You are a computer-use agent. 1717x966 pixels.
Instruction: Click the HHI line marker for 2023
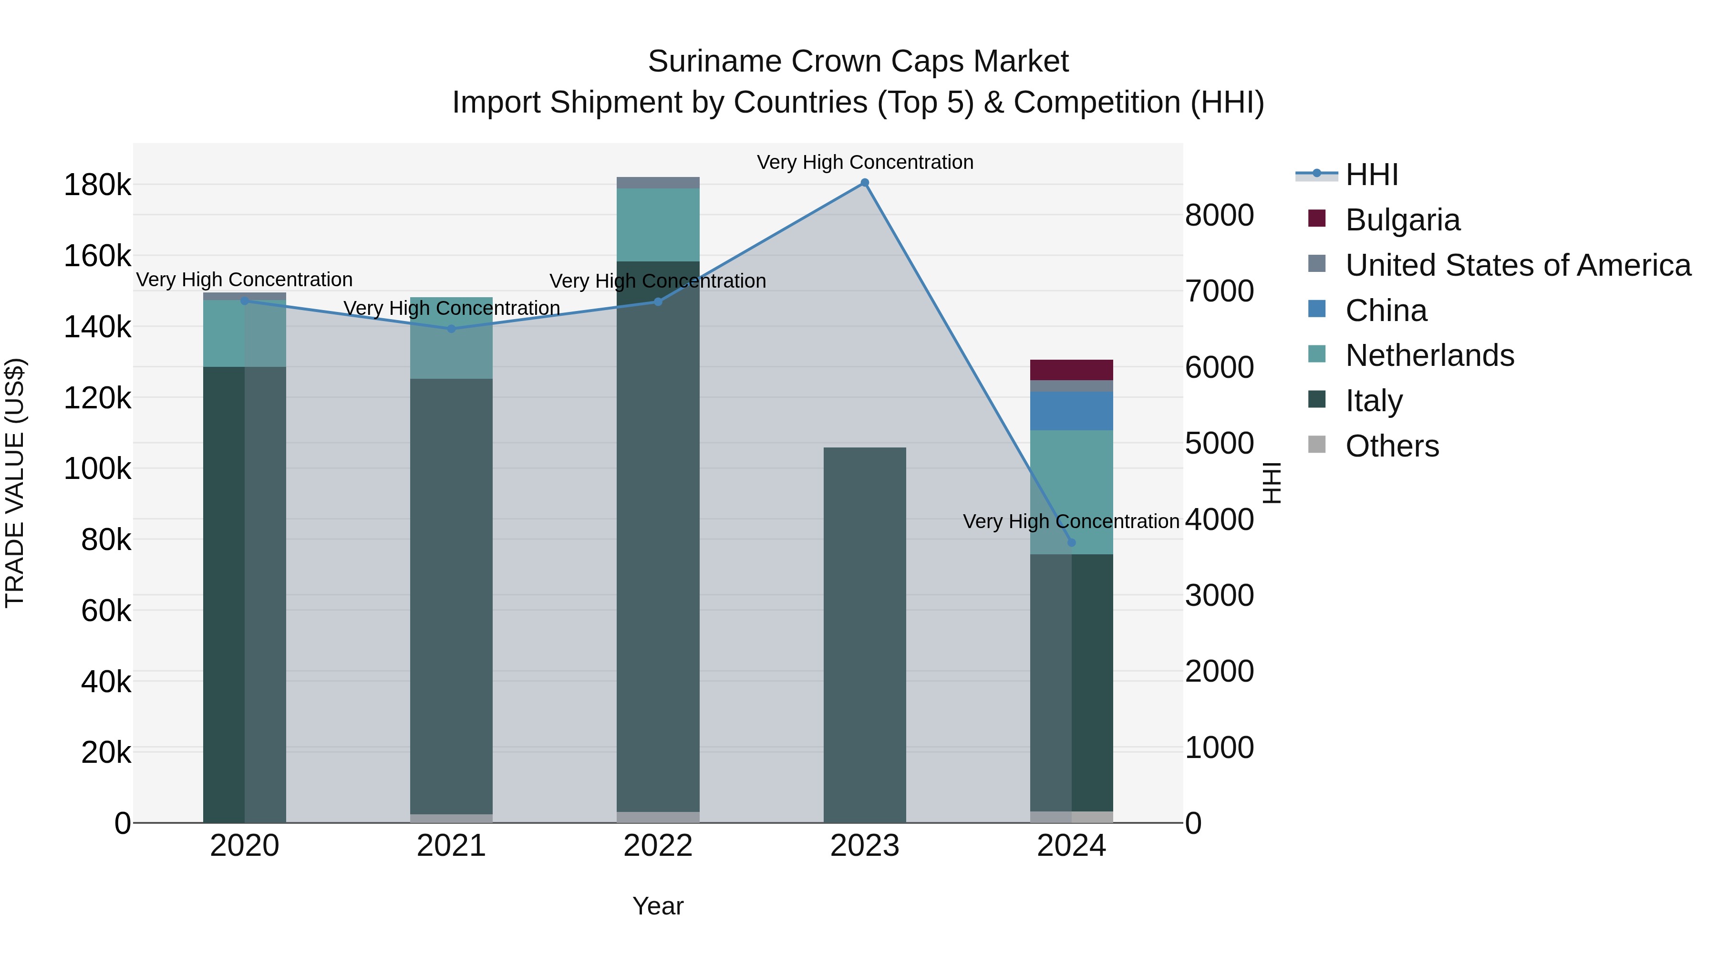[865, 183]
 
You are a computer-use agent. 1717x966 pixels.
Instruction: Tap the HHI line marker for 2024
[1072, 543]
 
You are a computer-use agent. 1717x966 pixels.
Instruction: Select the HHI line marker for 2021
[451, 329]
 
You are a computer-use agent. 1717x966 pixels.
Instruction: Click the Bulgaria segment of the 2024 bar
[1072, 370]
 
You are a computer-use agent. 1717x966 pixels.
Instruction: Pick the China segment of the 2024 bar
[1072, 411]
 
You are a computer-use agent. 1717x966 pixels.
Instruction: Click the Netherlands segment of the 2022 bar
[658, 225]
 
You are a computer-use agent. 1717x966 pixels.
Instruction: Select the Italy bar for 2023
[865, 634]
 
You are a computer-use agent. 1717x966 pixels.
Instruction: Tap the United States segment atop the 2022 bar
[658, 183]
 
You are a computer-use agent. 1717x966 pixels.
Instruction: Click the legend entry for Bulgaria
[1402, 220]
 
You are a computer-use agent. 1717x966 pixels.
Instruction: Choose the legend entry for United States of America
[1518, 265]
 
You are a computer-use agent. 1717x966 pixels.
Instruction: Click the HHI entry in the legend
[1371, 175]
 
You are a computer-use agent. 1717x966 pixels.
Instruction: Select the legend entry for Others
[1392, 446]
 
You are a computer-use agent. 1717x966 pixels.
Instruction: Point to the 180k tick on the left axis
[97, 186]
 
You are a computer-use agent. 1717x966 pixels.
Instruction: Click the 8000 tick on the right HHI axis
[1219, 215]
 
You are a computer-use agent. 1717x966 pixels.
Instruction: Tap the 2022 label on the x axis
[658, 846]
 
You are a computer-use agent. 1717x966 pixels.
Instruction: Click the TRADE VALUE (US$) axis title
[15, 483]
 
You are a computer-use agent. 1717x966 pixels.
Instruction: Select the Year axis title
[658, 906]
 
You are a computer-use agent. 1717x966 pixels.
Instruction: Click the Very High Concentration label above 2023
[865, 162]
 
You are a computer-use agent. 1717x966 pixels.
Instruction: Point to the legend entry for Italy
[1374, 401]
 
